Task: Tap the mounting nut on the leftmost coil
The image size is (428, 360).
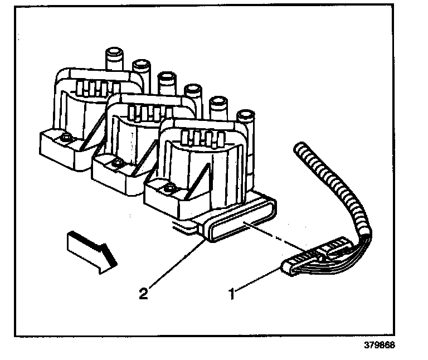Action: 66,138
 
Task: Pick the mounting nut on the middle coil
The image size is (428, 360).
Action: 118,163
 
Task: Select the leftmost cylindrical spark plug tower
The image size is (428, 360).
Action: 114,59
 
